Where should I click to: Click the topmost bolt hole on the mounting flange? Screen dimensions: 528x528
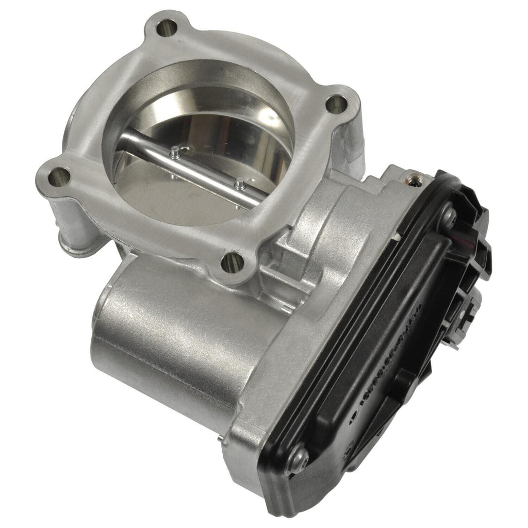165,28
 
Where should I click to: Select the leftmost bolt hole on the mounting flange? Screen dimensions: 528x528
58,178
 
